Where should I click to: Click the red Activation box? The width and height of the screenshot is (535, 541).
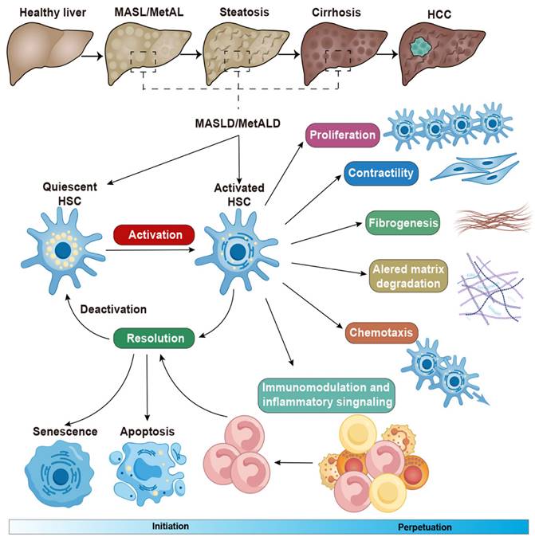(154, 234)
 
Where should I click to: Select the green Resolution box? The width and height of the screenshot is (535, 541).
(154, 338)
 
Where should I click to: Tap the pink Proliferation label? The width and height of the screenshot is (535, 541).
(342, 135)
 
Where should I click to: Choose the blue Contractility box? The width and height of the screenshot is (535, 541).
(381, 173)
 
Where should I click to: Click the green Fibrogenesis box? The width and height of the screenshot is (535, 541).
(403, 223)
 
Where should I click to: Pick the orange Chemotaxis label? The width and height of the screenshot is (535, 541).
(381, 332)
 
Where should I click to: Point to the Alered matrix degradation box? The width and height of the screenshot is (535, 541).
(408, 276)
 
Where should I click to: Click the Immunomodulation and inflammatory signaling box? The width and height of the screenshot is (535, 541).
(327, 395)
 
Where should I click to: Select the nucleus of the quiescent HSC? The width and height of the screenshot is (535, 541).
(63, 250)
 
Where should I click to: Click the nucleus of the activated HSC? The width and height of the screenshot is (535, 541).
(238, 253)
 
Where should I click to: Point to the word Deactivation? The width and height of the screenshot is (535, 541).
(113, 309)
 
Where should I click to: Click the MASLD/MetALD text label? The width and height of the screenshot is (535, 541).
(238, 123)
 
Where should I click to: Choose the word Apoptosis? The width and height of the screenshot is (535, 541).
(148, 432)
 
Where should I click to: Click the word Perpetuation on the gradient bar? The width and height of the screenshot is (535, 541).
(424, 527)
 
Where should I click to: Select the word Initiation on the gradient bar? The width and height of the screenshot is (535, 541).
(171, 526)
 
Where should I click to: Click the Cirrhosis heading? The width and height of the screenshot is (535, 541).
(336, 13)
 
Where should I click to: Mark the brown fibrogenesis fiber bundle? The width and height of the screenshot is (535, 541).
(493, 219)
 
